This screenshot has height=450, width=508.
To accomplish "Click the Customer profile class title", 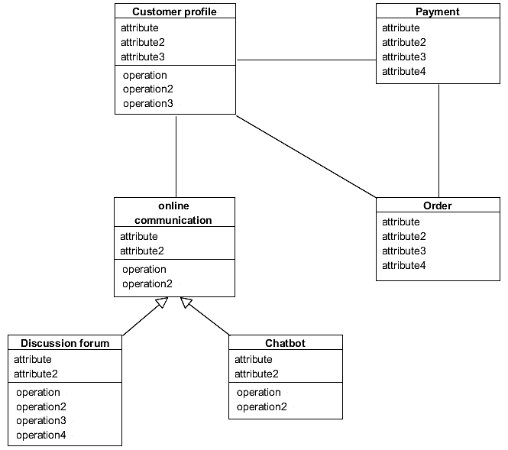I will click(x=174, y=11).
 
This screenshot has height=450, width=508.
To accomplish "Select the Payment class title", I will click(x=438, y=11).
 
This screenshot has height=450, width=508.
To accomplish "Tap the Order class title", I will click(x=438, y=206).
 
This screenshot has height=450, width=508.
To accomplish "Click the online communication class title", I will click(x=173, y=213).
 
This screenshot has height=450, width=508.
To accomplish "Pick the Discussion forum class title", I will click(x=65, y=343).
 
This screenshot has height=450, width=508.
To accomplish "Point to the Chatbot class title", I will click(x=285, y=343).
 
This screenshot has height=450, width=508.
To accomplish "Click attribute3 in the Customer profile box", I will click(x=143, y=57).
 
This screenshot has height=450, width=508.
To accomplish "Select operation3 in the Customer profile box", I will click(x=148, y=104).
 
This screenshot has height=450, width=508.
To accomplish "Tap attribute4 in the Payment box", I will click(x=404, y=72).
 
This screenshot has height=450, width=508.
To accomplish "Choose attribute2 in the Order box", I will click(x=404, y=237).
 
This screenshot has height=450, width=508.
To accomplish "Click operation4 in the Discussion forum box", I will click(x=41, y=435).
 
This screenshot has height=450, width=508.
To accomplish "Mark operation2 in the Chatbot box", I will click(x=261, y=407).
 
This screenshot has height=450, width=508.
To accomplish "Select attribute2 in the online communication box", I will click(x=142, y=251).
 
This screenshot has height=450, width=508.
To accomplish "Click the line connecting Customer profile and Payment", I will click(x=306, y=60).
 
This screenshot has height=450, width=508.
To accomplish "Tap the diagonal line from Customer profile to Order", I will click(x=306, y=157).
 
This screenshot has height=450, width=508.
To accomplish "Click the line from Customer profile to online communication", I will click(x=176, y=157).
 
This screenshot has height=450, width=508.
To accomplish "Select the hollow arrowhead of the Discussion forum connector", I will click(x=160, y=303).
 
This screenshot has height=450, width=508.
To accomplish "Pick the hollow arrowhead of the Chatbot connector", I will click(x=186, y=303).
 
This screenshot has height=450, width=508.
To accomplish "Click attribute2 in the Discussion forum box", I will click(x=36, y=374).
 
